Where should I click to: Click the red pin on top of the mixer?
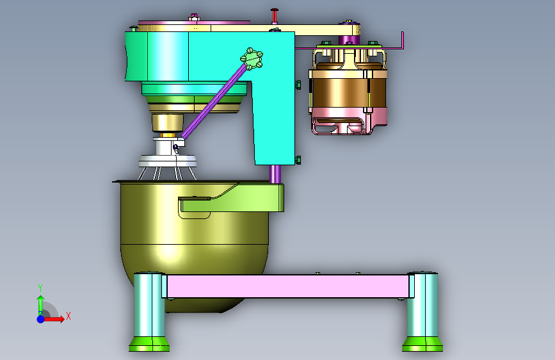(x=275, y=16)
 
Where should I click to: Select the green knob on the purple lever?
(x=252, y=58)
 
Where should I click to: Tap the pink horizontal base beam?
(x=288, y=286)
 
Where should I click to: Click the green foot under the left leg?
(x=149, y=344)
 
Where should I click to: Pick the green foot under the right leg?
(x=422, y=344)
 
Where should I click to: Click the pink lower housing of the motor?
(x=349, y=120)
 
